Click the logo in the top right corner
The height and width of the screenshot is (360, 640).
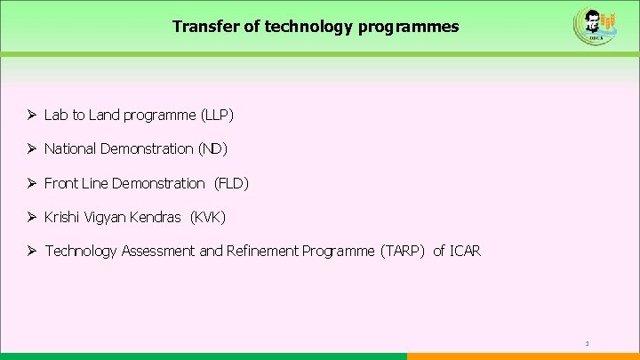point(591,26)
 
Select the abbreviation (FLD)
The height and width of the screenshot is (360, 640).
point(232,183)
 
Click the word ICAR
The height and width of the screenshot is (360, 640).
point(465,251)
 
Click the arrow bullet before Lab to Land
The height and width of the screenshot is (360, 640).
point(31,116)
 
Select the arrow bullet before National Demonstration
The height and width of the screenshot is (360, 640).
point(31,149)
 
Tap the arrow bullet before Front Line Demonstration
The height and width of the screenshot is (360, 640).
point(31,183)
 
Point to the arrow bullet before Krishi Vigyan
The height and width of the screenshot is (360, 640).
point(31,217)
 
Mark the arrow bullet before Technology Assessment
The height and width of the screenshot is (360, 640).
point(31,251)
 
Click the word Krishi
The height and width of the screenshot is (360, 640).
point(61,217)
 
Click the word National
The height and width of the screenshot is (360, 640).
point(69,149)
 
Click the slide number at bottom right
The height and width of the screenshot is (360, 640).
point(588,343)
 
